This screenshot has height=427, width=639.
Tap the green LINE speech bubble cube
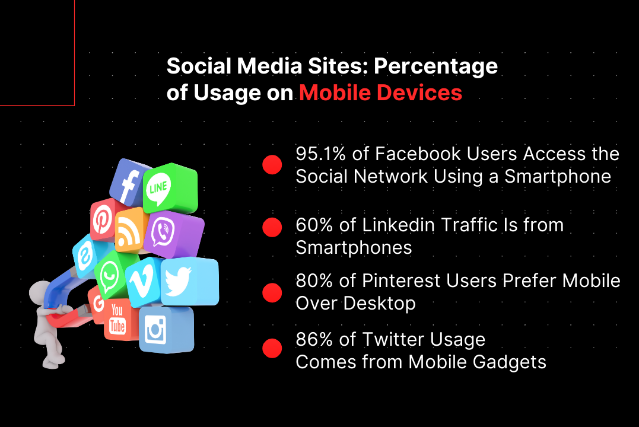(170, 187)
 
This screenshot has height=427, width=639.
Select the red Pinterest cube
(103, 219)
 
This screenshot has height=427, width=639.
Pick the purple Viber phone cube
(173, 234)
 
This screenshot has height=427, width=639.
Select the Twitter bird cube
(189, 281)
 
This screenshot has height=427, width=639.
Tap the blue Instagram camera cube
(166, 329)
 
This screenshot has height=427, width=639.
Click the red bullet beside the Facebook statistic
(272, 165)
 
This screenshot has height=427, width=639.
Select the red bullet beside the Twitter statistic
(272, 348)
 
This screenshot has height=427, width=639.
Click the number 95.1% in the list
(321, 154)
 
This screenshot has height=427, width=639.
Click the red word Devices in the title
(419, 93)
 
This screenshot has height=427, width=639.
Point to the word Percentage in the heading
(435, 67)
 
